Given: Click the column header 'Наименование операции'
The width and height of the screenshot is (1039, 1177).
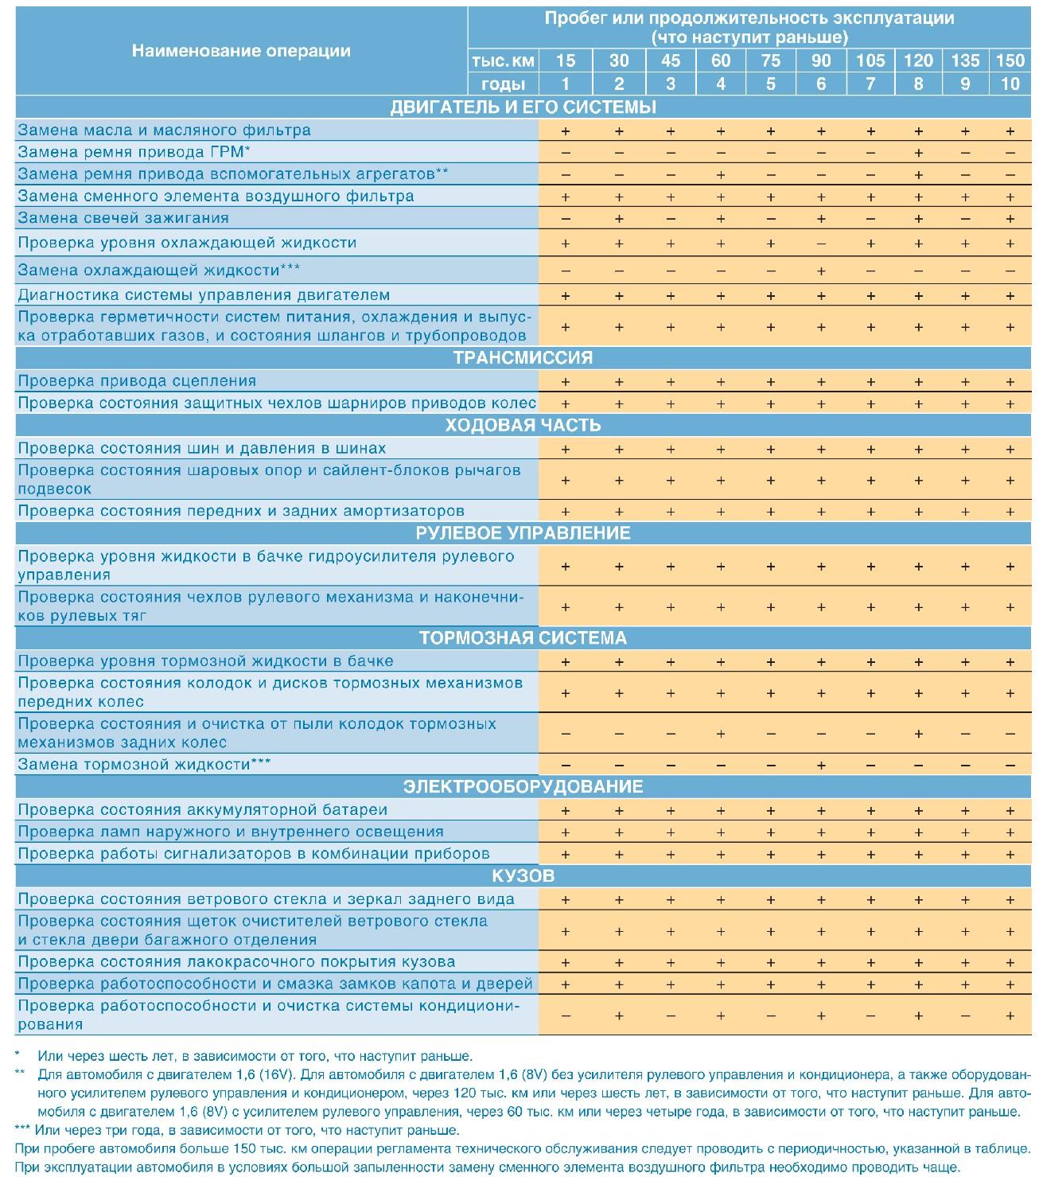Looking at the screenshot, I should point(240,51).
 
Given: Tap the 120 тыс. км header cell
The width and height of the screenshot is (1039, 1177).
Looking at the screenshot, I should point(918,60).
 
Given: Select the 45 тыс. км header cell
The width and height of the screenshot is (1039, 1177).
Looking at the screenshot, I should point(670,60).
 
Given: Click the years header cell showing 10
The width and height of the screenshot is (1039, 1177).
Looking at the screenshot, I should point(1010,84).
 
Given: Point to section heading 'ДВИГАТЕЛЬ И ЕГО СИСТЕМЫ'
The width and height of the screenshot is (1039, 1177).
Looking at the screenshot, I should point(523,107).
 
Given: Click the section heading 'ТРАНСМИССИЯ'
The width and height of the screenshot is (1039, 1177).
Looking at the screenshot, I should point(523,357).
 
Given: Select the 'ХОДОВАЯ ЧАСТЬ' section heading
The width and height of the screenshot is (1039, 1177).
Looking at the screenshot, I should point(523,425).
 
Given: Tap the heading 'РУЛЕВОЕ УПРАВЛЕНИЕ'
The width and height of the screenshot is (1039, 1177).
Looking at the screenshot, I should point(523,533).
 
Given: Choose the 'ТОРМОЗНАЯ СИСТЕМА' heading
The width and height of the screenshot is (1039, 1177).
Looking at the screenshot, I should point(523,638).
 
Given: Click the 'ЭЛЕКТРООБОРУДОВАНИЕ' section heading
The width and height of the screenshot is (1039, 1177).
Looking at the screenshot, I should point(523,787).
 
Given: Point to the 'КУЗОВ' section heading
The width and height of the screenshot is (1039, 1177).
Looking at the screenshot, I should point(523,876).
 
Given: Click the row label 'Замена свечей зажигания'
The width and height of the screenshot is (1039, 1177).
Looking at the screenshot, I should point(123,218).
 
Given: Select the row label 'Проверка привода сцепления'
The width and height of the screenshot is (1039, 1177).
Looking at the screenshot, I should point(137,381).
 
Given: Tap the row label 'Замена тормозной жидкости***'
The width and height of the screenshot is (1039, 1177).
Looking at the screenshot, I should point(144,765).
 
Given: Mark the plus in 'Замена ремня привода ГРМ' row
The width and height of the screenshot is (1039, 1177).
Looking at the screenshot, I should point(918,153).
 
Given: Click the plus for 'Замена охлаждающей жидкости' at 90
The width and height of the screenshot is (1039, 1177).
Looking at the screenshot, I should point(821,271).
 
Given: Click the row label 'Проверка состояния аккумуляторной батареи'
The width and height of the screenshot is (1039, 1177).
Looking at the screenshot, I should point(202,810).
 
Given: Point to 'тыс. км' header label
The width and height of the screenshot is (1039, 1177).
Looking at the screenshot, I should point(503,61).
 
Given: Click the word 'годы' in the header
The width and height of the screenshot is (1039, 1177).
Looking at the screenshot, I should point(504,84).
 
